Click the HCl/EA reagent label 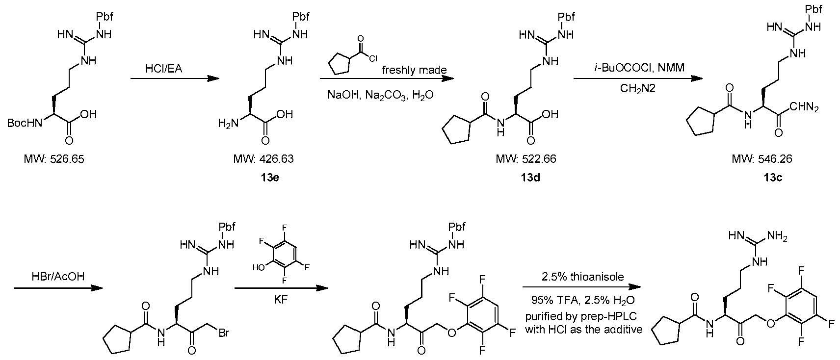[x=164, y=69]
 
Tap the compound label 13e [x=270, y=178]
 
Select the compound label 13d [x=530, y=178]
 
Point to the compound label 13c [x=773, y=178]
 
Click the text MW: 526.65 [x=54, y=159]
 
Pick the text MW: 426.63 [x=263, y=159]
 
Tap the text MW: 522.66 [x=526, y=159]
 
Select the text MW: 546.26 [x=762, y=159]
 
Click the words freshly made [x=415, y=70]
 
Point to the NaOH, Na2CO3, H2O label [x=380, y=95]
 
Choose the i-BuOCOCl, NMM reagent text [x=636, y=68]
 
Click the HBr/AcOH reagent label [x=58, y=277]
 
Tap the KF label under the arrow [x=281, y=300]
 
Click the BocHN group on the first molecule [x=25, y=123]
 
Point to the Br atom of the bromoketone [x=224, y=332]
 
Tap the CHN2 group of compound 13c [x=804, y=107]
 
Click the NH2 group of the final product [x=777, y=236]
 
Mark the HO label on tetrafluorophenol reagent [x=259, y=268]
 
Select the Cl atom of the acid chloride [x=373, y=58]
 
